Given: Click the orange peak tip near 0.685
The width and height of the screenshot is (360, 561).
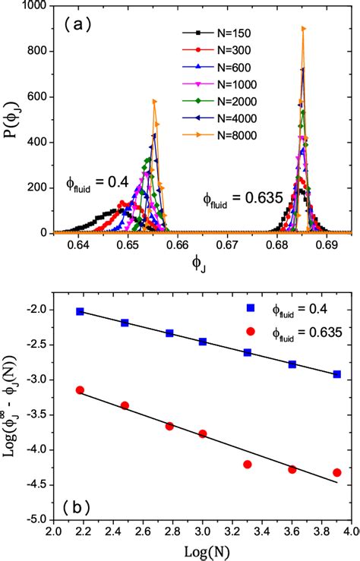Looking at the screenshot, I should coord(304,28).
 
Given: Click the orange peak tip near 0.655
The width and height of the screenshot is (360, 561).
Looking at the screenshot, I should coord(154,100).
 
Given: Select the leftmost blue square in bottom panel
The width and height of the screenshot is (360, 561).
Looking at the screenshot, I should coord(80,311).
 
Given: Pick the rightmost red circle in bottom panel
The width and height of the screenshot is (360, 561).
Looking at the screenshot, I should coord(336,472).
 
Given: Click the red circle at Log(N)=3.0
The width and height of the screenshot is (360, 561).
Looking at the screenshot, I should coord(203,433).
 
